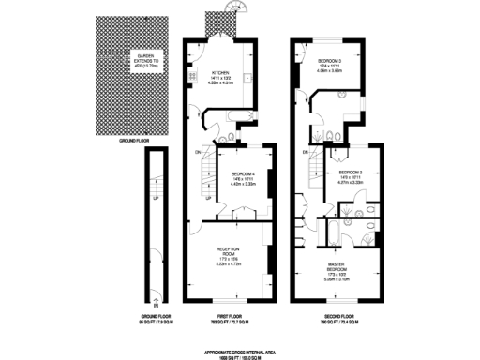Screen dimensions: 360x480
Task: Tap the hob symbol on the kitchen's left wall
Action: [191, 75]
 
